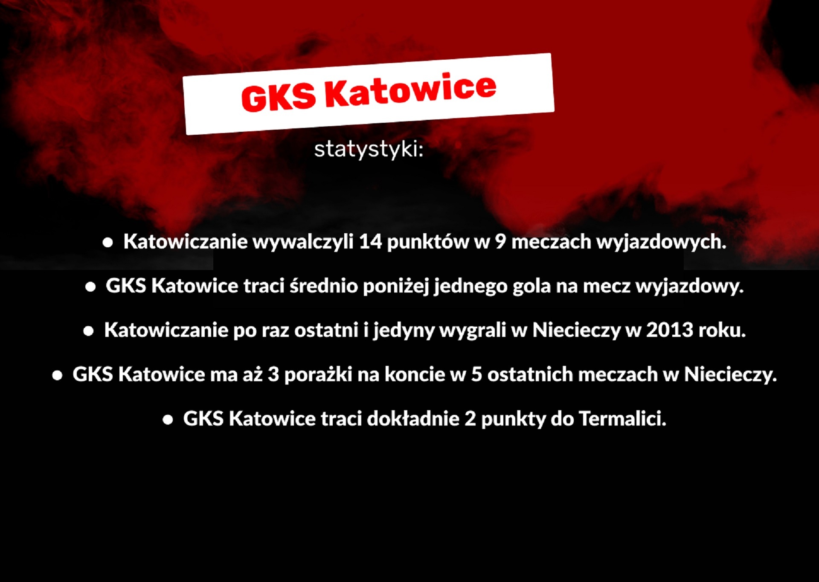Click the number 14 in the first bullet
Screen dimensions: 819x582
coord(370,241)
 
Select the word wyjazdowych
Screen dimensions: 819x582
coord(661,242)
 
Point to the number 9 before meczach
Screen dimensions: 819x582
coord(500,241)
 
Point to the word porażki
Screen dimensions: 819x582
coord(318,374)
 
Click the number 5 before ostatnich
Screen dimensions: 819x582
coord(477,374)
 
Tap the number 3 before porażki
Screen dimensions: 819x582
coord(273,374)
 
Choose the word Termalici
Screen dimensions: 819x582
coord(622,419)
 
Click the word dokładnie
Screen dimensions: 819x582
coord(413,419)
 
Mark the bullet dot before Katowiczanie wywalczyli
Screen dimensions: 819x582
coord(107,243)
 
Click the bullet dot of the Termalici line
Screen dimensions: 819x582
coord(168,420)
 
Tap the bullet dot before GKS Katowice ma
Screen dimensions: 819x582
coord(57,376)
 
